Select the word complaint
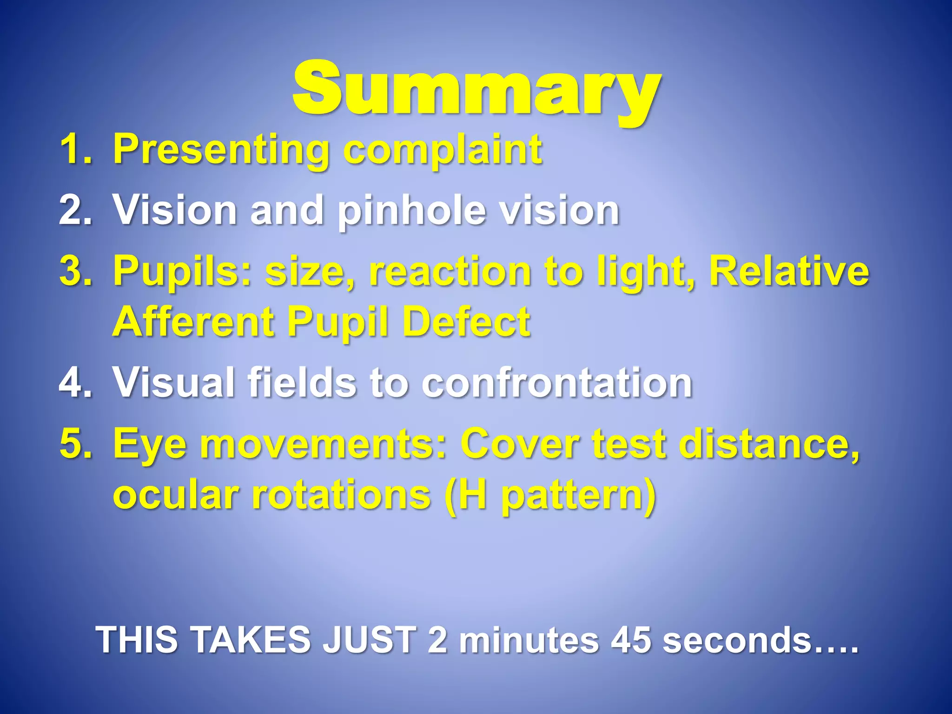[x=443, y=150]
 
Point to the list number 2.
[x=74, y=210]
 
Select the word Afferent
[x=193, y=322]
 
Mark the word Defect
[x=466, y=322]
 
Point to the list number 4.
[x=74, y=382]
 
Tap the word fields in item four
[x=302, y=382]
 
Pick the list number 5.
[x=74, y=443]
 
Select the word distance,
[x=770, y=443]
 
